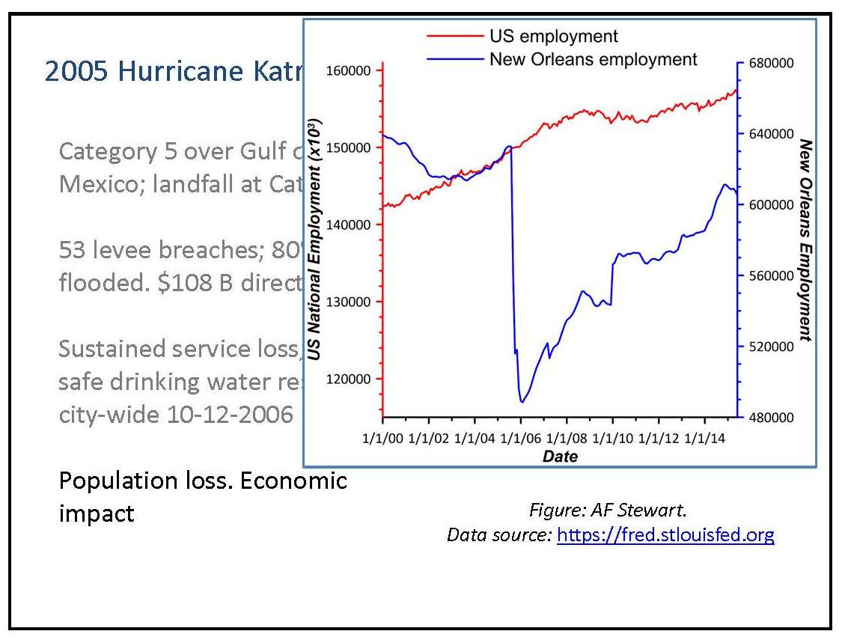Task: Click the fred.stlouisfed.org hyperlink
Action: (665, 534)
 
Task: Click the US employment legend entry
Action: (553, 35)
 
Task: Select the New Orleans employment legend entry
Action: (593, 58)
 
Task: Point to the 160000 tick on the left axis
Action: (350, 70)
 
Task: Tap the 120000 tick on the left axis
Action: (350, 380)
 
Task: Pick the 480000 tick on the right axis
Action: (768, 417)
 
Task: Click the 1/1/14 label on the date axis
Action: (704, 437)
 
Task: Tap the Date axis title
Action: (560, 456)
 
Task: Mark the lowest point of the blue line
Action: (522, 402)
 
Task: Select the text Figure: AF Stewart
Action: (608, 511)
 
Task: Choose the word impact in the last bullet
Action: (97, 514)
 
